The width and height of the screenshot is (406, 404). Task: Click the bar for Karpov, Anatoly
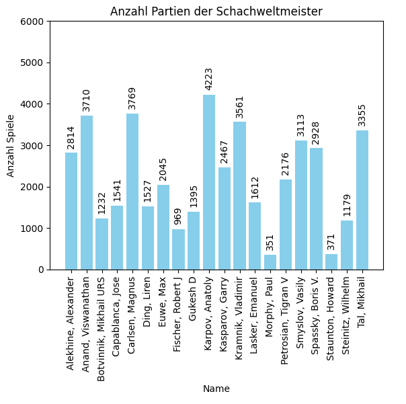[x=209, y=182]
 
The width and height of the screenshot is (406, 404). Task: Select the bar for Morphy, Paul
[x=270, y=262]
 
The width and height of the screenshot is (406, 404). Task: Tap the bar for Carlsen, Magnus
[x=132, y=192]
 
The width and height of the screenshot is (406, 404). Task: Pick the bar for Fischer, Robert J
[x=178, y=249]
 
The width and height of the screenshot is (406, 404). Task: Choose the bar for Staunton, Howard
[x=331, y=261]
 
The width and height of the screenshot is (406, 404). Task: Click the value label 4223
[x=209, y=79]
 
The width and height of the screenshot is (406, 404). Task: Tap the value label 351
[x=270, y=241]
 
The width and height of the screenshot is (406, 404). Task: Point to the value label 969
[x=178, y=216]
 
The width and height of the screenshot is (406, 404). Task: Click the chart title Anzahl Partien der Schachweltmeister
[x=216, y=11]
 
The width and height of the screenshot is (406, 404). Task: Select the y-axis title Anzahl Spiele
[x=11, y=145]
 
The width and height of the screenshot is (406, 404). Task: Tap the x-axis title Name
[x=216, y=389]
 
